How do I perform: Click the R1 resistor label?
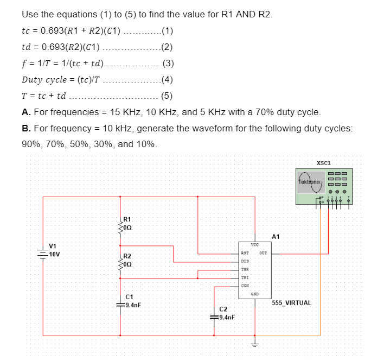coord(126,219)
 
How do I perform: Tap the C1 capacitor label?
coord(129,297)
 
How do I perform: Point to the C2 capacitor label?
coord(223,309)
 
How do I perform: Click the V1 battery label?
coord(53,246)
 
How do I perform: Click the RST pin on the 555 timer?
coord(245,253)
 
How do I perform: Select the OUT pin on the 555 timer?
coord(263,253)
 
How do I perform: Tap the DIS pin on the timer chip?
coord(245,261)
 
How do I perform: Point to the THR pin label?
coord(245,269)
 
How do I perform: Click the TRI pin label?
coord(245,277)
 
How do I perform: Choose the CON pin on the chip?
coord(245,285)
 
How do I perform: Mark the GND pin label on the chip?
coord(254,294)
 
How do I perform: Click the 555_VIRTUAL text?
coord(291,302)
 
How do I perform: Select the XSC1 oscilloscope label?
coord(323,162)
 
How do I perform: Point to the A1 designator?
coord(276,236)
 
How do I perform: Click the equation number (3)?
coord(168,63)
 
